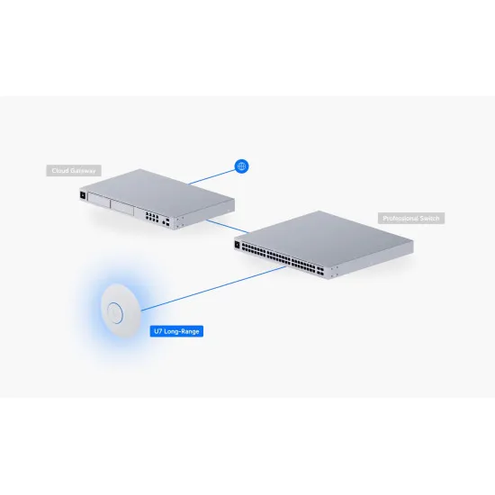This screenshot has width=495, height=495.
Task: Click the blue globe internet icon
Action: click(x=240, y=166)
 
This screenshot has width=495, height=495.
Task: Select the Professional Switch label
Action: click(x=412, y=219)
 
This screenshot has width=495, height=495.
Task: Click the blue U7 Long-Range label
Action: click(x=175, y=331)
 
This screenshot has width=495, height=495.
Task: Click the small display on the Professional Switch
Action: click(x=240, y=244)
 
